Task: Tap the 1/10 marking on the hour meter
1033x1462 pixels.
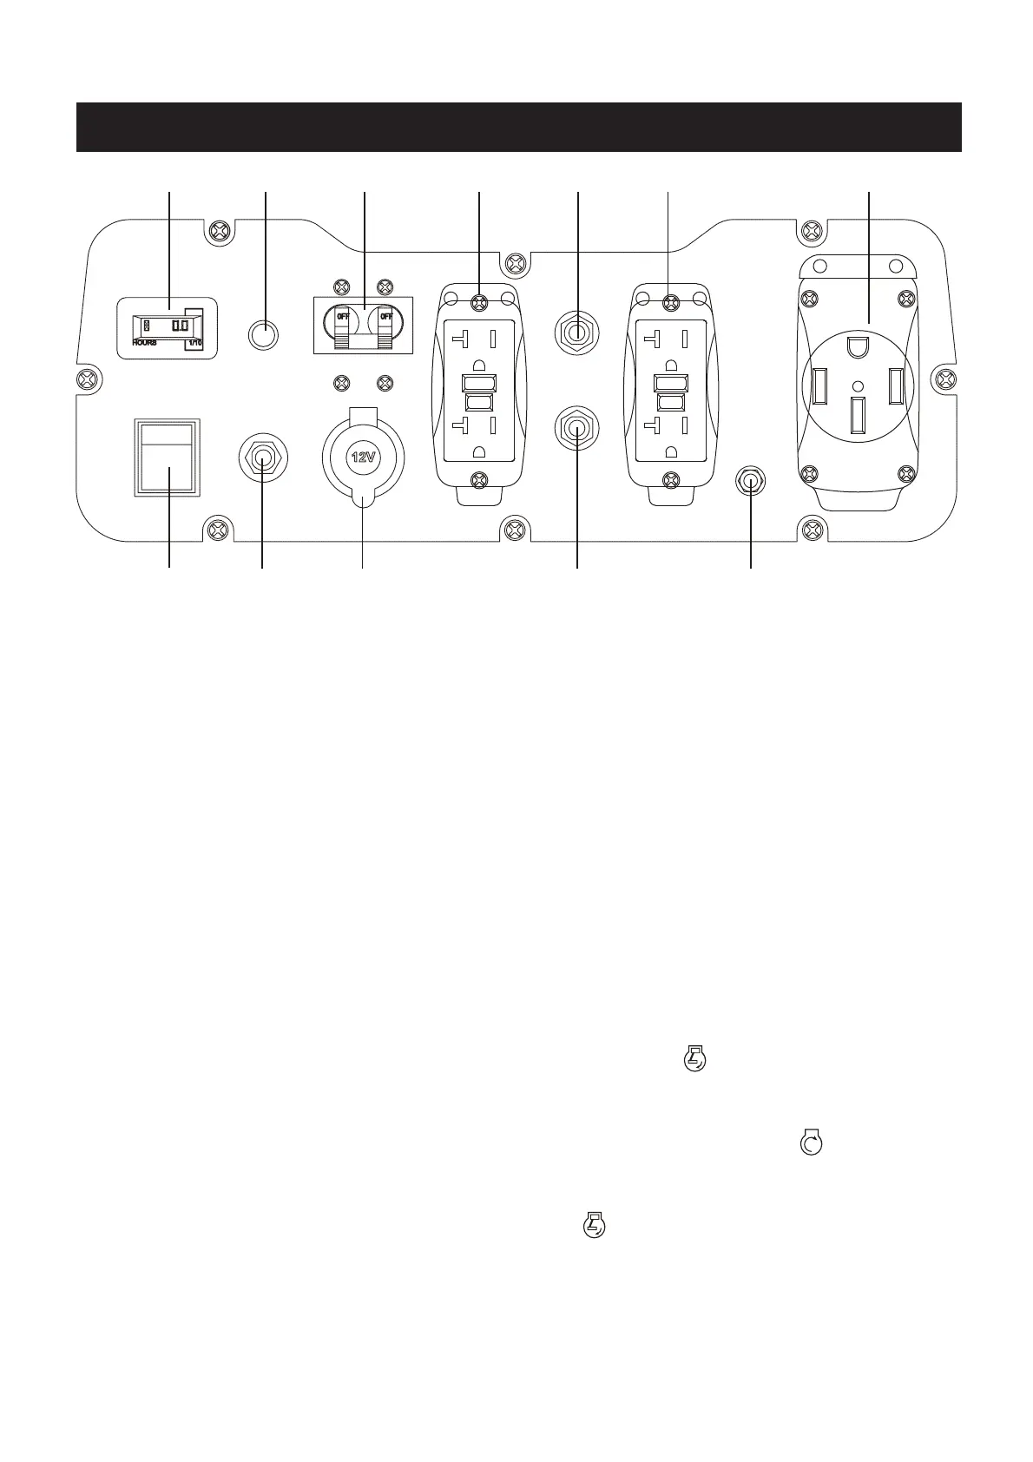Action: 194,344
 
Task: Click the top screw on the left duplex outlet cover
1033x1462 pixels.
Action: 477,301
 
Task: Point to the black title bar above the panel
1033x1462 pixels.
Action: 518,127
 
